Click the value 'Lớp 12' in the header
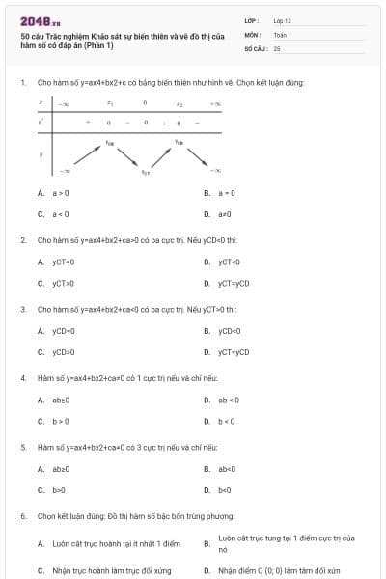point(282,19)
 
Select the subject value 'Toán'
point(280,33)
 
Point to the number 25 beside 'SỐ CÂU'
point(277,47)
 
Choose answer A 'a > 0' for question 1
point(60,193)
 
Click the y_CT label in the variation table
point(146,171)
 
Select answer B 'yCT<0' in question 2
point(229,262)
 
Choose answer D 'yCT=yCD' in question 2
point(233,283)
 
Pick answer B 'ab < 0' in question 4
point(228,400)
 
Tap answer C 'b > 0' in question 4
point(60,421)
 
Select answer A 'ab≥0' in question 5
point(61,469)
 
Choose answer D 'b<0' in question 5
point(226,490)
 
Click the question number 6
point(23,516)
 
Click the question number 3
point(23,309)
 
